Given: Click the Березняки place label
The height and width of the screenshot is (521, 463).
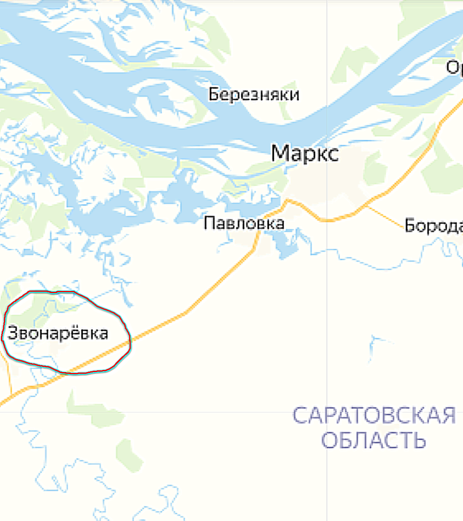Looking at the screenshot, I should [254, 94].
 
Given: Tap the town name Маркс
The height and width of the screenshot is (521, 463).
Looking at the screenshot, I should [304, 154].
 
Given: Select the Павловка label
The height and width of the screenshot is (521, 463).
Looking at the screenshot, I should [244, 223].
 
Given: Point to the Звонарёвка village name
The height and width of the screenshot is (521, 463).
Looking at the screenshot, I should [58, 333].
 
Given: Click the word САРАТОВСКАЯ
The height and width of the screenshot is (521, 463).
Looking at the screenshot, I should [374, 416].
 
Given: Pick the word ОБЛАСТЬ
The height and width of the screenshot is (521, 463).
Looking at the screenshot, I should [373, 440].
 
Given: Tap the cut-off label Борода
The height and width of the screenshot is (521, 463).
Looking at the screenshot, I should [433, 226].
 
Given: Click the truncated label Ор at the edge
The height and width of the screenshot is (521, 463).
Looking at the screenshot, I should [454, 68].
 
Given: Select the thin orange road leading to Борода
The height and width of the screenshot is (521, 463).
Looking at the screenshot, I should [386, 216].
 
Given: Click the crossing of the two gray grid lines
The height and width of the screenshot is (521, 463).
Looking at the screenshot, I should [327, 412].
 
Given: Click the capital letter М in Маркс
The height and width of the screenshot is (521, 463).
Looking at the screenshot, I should [280, 154].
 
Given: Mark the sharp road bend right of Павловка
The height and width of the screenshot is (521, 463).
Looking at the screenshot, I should [287, 201].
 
